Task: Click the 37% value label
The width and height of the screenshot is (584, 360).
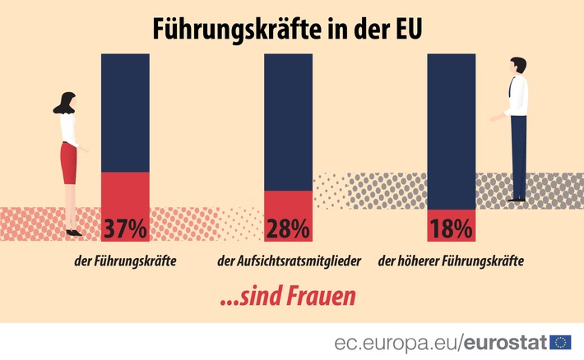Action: click(x=124, y=228)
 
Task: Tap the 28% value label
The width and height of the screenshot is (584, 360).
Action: click(x=288, y=228)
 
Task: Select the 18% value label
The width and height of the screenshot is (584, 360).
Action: click(x=452, y=227)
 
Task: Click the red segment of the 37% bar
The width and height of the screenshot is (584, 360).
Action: click(x=124, y=192)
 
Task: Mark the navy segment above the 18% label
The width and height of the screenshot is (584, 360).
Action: click(x=452, y=132)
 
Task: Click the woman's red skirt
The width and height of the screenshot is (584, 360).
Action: click(x=69, y=163)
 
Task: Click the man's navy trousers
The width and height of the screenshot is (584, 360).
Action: click(x=517, y=156)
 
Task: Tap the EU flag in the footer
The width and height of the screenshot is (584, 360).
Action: click(x=562, y=341)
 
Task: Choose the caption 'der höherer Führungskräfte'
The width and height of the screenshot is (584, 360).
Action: click(x=452, y=262)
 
